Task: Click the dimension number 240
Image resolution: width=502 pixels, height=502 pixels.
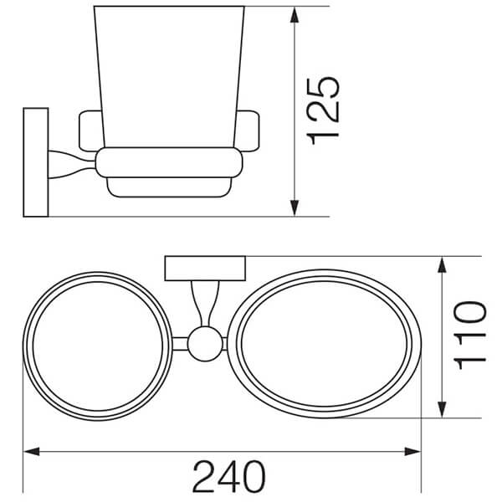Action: pyautogui.click(x=228, y=477)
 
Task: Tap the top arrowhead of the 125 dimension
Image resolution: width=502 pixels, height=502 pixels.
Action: pyautogui.click(x=295, y=17)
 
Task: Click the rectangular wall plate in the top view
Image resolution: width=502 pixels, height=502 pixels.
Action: pyautogui.click(x=204, y=269)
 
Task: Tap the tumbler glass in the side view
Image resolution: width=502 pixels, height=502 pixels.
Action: pyautogui.click(x=167, y=75)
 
